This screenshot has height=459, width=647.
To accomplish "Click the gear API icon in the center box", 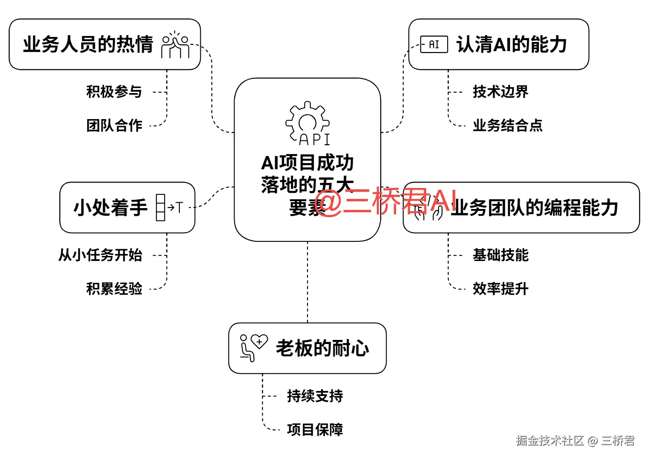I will click(x=308, y=123).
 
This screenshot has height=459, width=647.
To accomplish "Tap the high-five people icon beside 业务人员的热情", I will click(x=175, y=45).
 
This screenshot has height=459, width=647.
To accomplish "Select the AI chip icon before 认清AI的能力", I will click(x=433, y=45).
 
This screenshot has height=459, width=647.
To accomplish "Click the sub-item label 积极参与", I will click(x=114, y=92).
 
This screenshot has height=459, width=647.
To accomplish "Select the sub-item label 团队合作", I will click(x=114, y=125).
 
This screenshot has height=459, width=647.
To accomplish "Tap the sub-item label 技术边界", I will click(x=501, y=92).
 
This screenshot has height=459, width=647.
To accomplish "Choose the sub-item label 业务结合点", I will click(x=507, y=125).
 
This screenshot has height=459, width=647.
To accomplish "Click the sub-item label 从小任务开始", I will click(x=100, y=255).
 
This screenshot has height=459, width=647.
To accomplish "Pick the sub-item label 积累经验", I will click(x=114, y=289).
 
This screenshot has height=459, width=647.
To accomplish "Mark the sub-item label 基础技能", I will click(x=501, y=255).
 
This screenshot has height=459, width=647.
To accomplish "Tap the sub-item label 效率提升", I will click(x=501, y=289).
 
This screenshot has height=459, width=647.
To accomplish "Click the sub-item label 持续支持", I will click(x=315, y=396).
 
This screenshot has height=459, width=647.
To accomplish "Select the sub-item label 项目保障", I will click(x=315, y=430).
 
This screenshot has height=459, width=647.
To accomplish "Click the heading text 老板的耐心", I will click(x=323, y=349).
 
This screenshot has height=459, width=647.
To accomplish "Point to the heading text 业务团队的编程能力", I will click(x=534, y=208).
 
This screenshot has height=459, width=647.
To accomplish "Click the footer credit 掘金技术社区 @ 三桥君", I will click(x=575, y=441).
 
